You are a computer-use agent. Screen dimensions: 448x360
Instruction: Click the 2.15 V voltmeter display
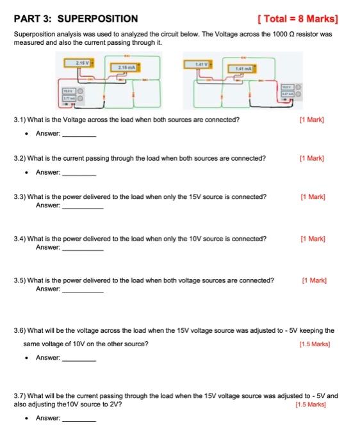coord(83,63)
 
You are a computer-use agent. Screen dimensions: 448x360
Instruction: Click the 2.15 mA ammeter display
coord(124,67)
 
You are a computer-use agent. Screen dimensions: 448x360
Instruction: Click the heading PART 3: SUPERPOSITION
coord(76,19)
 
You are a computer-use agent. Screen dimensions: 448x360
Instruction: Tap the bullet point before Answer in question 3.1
coord(24,134)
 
